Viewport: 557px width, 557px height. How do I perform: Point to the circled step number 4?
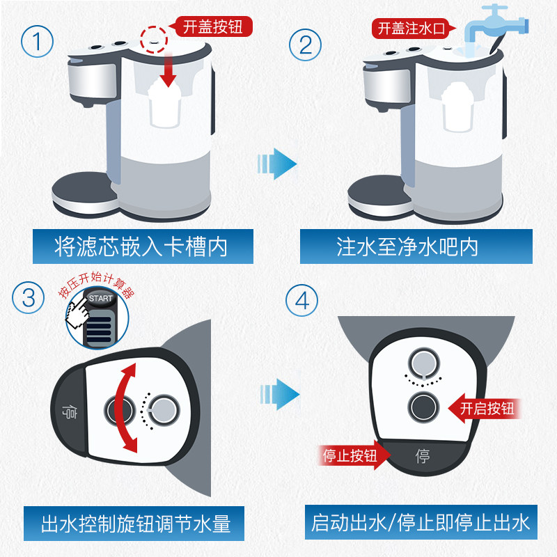click(x=301, y=301)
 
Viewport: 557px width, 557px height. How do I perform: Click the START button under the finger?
click(x=100, y=298)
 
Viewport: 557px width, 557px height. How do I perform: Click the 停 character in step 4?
click(x=423, y=457)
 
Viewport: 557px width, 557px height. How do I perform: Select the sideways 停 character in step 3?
click(x=68, y=411)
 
